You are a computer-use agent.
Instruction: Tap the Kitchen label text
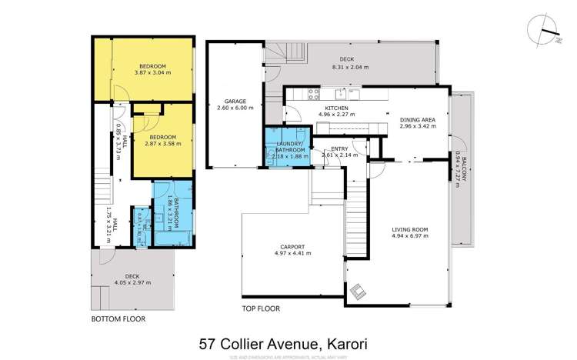[337, 108]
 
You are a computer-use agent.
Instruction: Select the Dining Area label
[418, 120]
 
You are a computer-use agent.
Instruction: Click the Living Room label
[409, 229]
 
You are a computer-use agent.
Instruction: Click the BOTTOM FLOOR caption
[118, 318]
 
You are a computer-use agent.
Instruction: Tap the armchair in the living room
[359, 292]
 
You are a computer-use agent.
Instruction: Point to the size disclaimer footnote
[288, 353]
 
